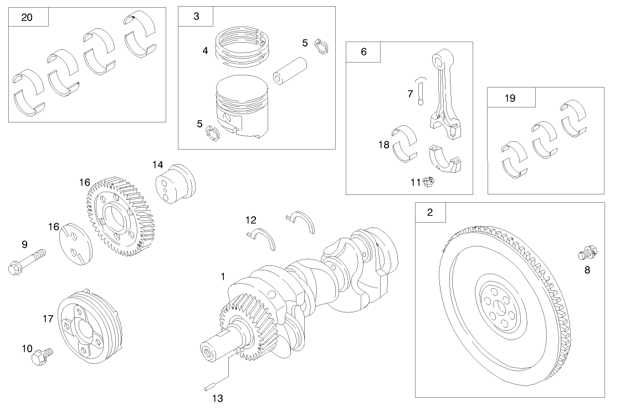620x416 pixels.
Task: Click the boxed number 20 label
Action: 27,17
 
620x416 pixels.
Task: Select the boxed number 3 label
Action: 196,17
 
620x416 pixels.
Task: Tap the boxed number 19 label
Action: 510,98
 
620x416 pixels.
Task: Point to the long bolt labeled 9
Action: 26,262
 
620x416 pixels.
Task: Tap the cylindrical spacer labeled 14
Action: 176,183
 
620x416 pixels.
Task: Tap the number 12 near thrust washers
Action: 251,219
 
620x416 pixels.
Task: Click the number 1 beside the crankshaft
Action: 223,276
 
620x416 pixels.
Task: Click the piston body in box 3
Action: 242,108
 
